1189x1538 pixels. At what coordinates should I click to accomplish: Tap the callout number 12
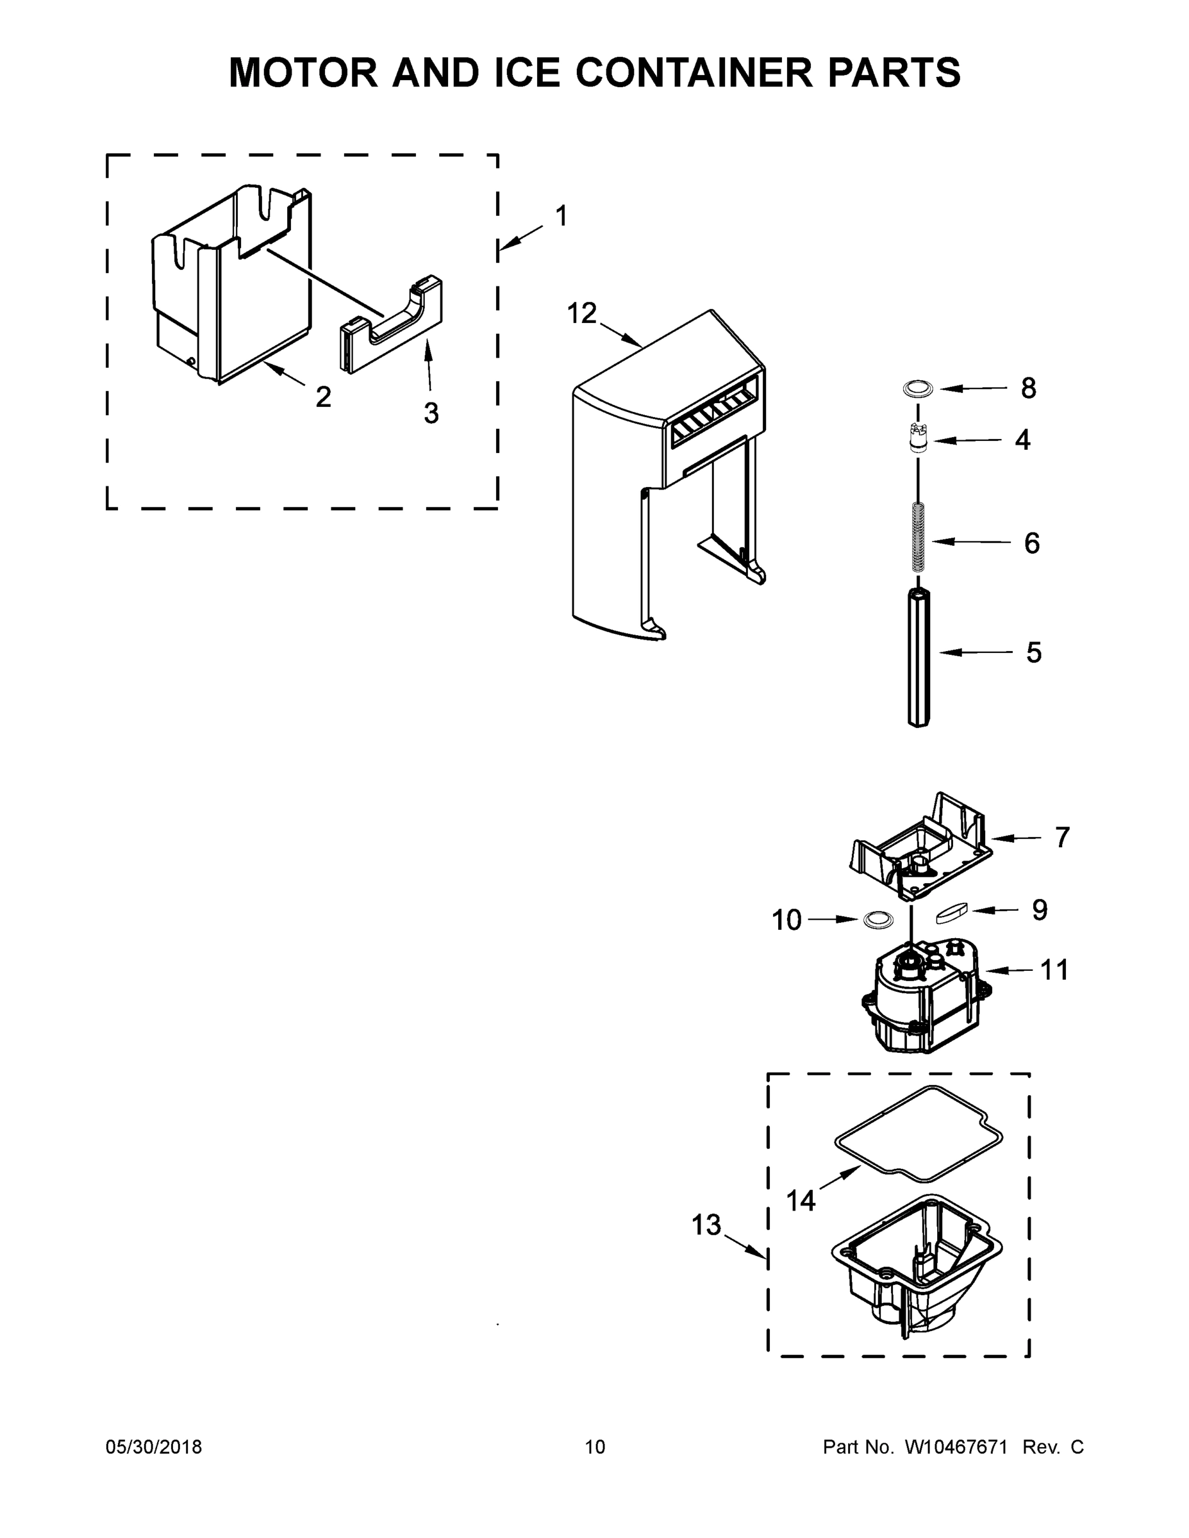[x=582, y=313]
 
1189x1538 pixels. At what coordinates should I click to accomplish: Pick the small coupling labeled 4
[x=917, y=438]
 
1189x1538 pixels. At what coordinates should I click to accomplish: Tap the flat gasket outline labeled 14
[x=918, y=1134]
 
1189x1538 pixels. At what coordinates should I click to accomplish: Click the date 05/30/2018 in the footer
[x=154, y=1447]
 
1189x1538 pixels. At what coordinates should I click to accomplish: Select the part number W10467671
[x=956, y=1447]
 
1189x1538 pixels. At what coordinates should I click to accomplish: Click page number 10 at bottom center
[x=595, y=1447]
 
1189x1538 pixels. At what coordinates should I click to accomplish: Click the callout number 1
[x=561, y=216]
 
